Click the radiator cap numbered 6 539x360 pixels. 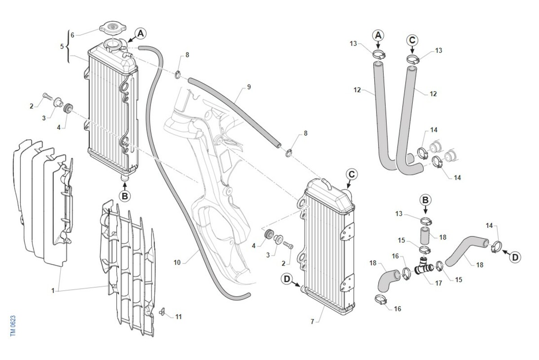[x=112, y=28]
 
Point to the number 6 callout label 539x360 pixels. [x=72, y=35]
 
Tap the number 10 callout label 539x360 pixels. [x=177, y=262]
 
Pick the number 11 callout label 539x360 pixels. [x=178, y=317]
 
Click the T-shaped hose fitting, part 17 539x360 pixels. [x=423, y=268]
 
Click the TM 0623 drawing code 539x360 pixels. [x=13, y=324]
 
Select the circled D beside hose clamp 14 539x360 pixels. [x=515, y=257]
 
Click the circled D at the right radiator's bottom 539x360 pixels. [x=287, y=279]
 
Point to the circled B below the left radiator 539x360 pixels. [x=125, y=196]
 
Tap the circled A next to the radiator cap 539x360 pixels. [x=141, y=33]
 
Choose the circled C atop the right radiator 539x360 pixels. [x=352, y=174]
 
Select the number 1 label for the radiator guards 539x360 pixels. [x=53, y=290]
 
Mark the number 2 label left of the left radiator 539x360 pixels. [x=31, y=106]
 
